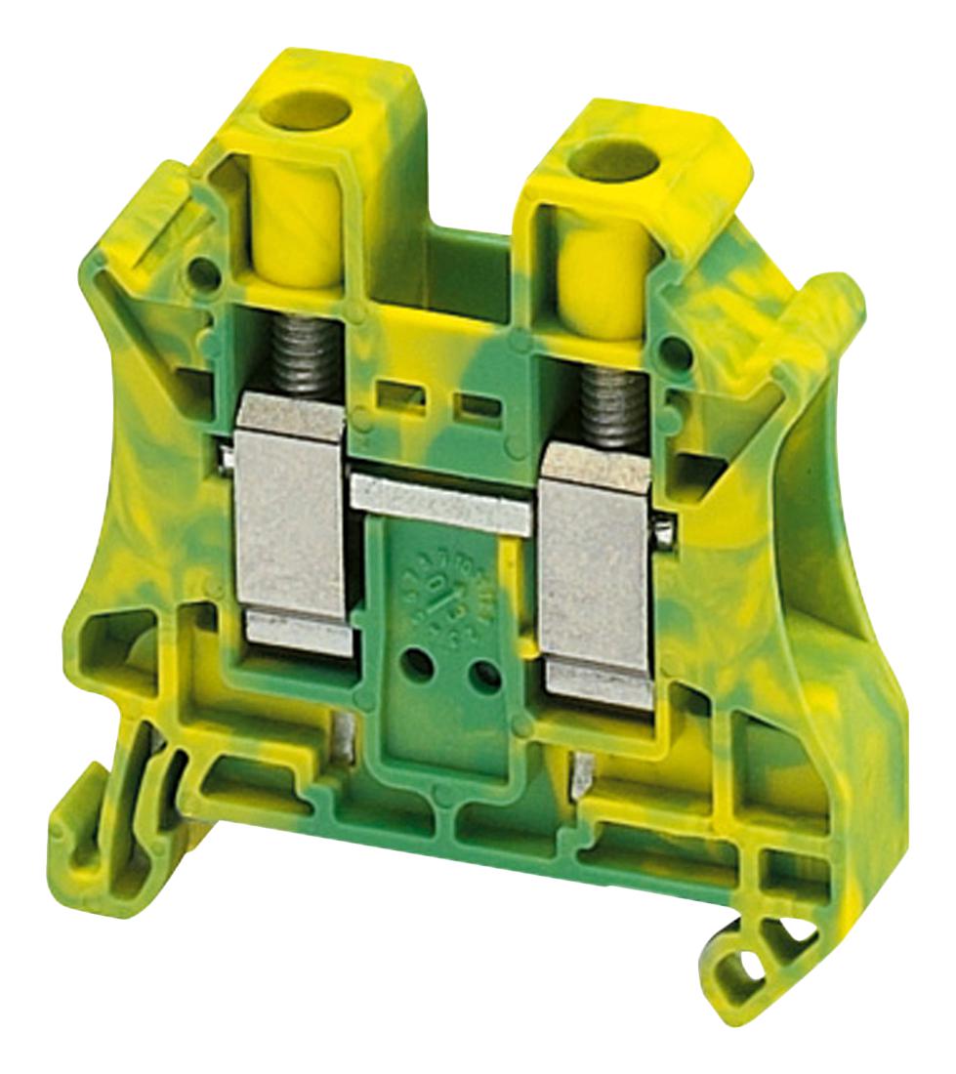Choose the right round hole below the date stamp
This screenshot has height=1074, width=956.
pyautogui.click(x=478, y=674)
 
